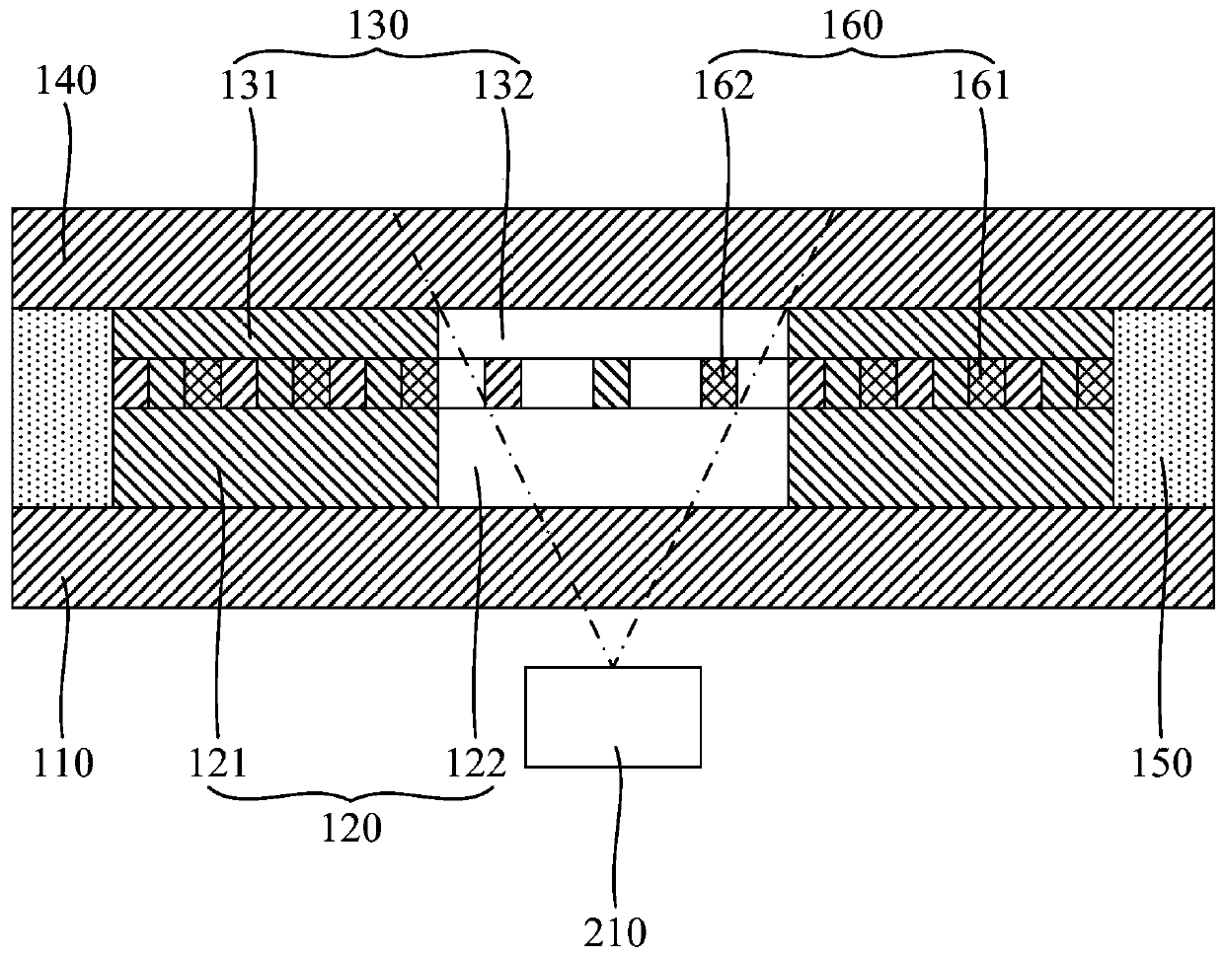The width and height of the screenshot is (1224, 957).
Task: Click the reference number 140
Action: [x=66, y=83]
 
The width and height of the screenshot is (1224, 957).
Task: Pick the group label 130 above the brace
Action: [x=378, y=26]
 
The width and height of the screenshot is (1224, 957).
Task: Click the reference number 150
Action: [x=1162, y=763]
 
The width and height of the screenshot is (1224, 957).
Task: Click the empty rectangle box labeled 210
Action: [x=613, y=716]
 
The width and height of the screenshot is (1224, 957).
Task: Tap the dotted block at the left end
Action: [x=63, y=406]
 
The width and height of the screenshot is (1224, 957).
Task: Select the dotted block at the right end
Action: [x=1163, y=406]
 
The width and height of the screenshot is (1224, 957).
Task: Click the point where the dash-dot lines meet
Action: [x=612, y=665]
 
